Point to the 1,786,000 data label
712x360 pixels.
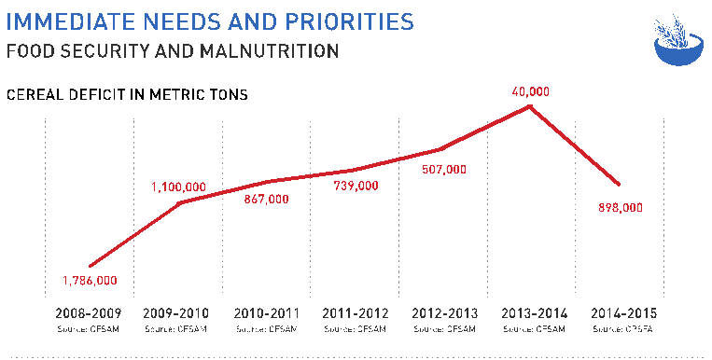click(90, 281)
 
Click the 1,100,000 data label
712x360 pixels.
click(179, 188)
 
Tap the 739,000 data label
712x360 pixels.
click(356, 187)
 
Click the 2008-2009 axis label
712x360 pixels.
click(89, 313)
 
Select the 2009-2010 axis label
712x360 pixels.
click(177, 313)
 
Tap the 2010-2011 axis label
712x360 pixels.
click(266, 313)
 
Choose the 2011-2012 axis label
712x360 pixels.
click(355, 313)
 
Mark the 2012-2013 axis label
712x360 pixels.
click(443, 313)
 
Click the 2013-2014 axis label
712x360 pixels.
click(532, 313)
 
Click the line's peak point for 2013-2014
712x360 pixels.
click(530, 105)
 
